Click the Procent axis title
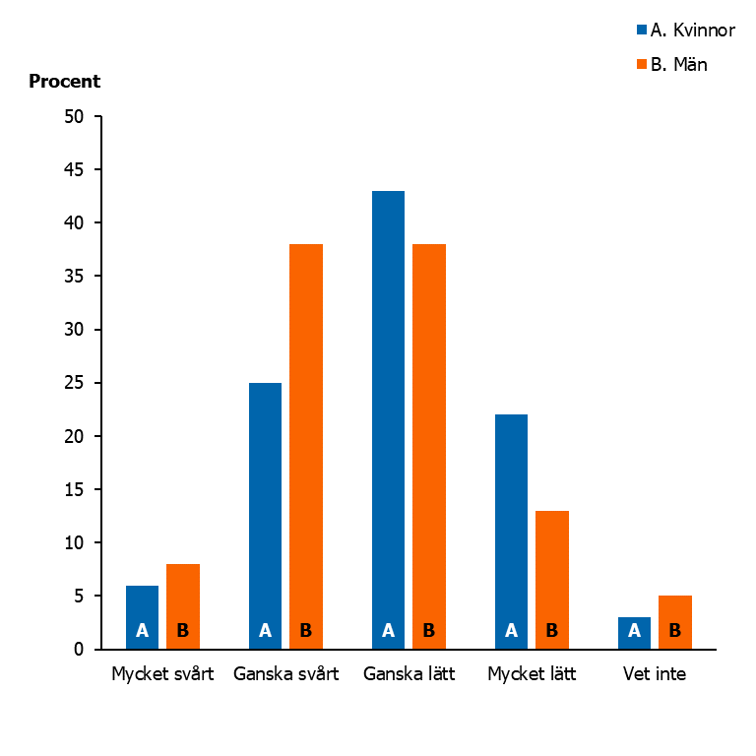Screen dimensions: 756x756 [x=65, y=82]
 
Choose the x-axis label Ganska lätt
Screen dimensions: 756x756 [x=409, y=675]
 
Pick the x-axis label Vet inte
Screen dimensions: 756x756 [x=655, y=675]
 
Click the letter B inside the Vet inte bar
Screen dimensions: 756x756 [x=675, y=631]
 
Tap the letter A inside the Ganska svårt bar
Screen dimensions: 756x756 [x=265, y=631]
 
